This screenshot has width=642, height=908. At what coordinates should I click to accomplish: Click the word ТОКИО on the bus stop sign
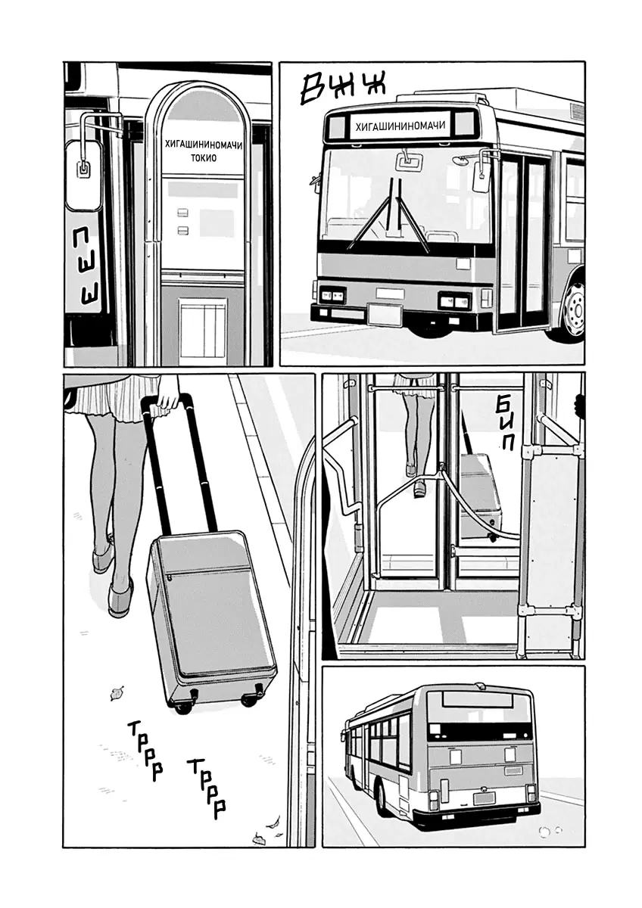click(204, 157)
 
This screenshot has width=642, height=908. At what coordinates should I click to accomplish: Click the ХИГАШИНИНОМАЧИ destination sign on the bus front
click(400, 126)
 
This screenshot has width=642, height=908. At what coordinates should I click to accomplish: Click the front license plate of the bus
click(385, 313)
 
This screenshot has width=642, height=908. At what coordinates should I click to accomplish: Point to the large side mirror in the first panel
click(84, 175)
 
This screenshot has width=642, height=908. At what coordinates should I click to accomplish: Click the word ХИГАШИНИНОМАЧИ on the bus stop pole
click(204, 145)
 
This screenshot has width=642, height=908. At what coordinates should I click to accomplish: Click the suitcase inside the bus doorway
click(481, 496)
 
